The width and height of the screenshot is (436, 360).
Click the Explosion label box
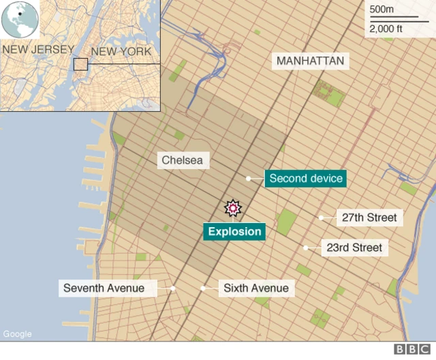(x=234, y=232)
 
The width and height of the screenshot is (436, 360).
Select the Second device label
(x=306, y=179)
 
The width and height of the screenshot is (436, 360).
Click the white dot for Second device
(x=249, y=179)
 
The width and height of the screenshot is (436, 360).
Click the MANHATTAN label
(x=310, y=61)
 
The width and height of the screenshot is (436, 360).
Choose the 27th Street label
(x=369, y=218)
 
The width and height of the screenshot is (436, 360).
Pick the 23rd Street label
(x=354, y=247)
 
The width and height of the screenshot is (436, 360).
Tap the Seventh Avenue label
(x=104, y=288)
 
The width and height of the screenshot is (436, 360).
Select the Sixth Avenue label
(x=255, y=288)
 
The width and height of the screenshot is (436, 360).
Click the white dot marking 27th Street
(x=321, y=218)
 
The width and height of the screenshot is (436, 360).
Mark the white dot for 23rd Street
(x=306, y=247)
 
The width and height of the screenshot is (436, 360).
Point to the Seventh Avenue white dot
(x=173, y=288)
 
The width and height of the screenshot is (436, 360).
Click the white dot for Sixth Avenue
(x=203, y=288)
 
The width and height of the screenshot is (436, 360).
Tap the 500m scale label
(x=381, y=10)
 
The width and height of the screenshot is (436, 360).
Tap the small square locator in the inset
(x=80, y=64)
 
